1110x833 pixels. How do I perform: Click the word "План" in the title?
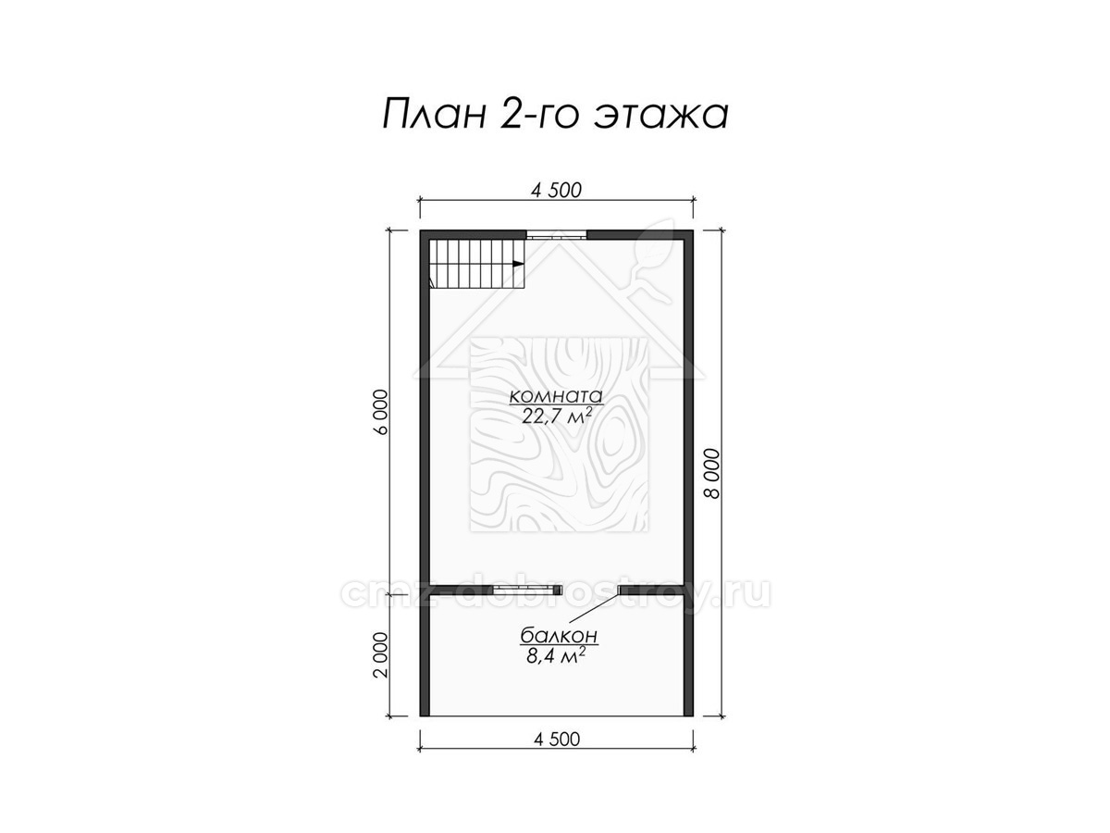[434, 115]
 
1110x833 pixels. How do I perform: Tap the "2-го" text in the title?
[538, 116]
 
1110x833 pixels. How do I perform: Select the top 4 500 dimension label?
[556, 190]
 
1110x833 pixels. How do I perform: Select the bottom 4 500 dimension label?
[556, 740]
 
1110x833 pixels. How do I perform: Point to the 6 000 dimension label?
[382, 412]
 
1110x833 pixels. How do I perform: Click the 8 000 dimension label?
[711, 474]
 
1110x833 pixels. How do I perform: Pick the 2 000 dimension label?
[380, 654]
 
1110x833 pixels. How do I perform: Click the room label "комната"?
[556, 395]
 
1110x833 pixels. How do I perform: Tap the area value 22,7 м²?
[556, 416]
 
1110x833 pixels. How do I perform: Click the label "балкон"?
[559, 635]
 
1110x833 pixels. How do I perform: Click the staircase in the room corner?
[476, 264]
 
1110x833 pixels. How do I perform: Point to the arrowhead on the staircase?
[517, 264]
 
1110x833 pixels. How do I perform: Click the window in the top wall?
[556, 235]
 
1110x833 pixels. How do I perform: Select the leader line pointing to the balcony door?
[594, 609]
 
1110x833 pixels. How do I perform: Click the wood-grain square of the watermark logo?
[560, 434]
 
